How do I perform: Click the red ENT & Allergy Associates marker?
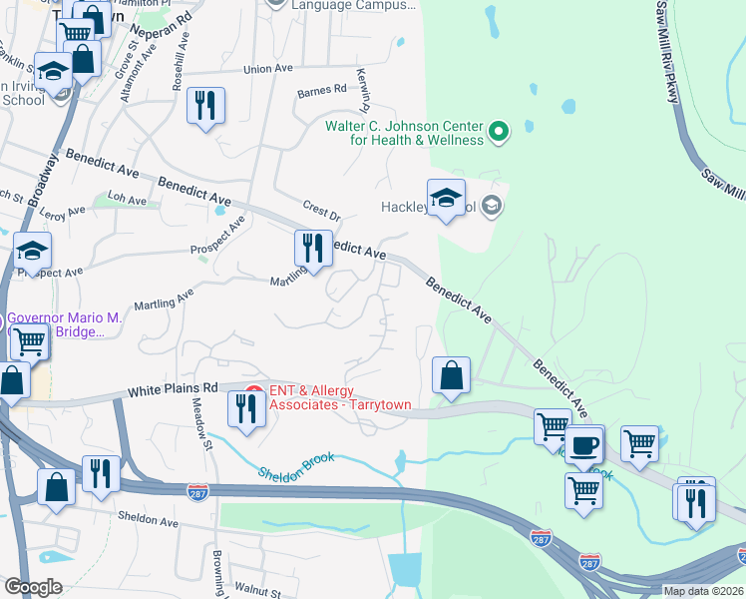(253, 393)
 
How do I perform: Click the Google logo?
(32, 587)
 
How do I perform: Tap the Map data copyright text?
(703, 591)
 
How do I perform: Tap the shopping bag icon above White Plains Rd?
(451, 376)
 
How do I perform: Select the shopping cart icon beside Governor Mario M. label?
(30, 342)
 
